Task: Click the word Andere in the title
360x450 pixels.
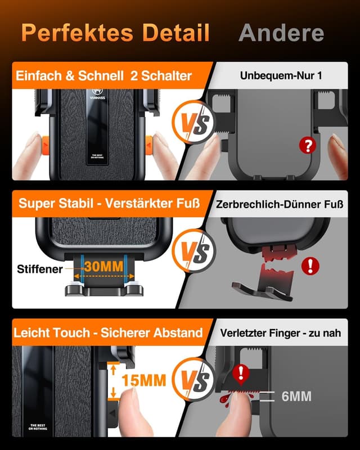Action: (x=281, y=32)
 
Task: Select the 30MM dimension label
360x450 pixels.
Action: (x=104, y=266)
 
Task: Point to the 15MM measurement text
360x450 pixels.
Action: (x=143, y=381)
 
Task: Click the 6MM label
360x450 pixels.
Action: (x=296, y=397)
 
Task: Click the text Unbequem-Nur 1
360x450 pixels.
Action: (x=281, y=75)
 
